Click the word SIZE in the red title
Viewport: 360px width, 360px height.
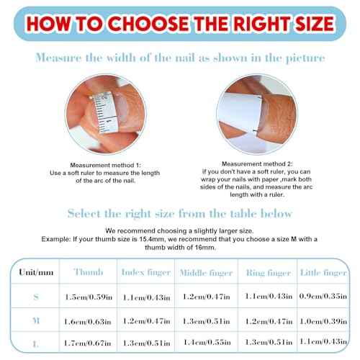click(315, 23)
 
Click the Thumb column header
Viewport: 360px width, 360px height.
click(89, 272)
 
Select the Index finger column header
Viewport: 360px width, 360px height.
click(146, 272)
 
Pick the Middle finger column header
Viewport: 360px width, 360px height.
click(206, 273)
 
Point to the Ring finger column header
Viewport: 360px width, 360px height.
click(269, 273)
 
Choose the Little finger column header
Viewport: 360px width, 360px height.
click(323, 273)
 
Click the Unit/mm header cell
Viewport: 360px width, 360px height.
click(36, 272)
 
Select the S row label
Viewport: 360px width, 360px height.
click(36, 297)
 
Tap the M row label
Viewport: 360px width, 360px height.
click(36, 320)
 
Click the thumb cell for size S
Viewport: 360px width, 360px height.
click(89, 297)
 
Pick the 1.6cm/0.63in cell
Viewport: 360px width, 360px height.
click(88, 321)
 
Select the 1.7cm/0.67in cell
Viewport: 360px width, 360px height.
click(88, 343)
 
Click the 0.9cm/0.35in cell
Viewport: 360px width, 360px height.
click(323, 296)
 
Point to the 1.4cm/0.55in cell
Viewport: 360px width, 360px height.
click(207, 342)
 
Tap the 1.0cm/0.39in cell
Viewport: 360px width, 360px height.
click(323, 321)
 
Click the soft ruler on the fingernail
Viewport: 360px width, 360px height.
click(106, 113)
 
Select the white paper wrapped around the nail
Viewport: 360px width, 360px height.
click(240, 112)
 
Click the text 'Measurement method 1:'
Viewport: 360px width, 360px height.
click(106, 165)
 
